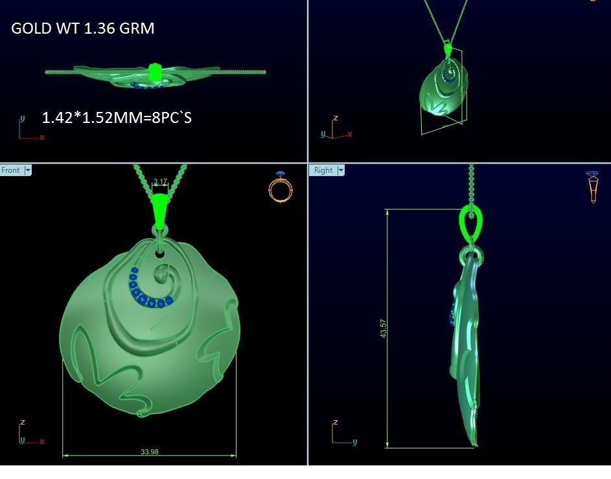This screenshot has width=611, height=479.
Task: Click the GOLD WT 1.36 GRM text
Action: [83, 28]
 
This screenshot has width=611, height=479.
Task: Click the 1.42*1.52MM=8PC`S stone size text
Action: [117, 118]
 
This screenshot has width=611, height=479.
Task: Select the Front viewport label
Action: [11, 170]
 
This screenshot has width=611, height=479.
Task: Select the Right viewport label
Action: [323, 170]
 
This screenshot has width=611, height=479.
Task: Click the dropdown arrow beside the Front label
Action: [28, 170]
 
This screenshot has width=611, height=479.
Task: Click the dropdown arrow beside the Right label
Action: [341, 170]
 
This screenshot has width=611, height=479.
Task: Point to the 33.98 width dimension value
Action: [150, 451]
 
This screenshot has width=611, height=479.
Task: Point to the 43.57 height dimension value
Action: [383, 328]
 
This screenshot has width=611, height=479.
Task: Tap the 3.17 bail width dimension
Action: [160, 182]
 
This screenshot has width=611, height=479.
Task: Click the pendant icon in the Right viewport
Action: [592, 187]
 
